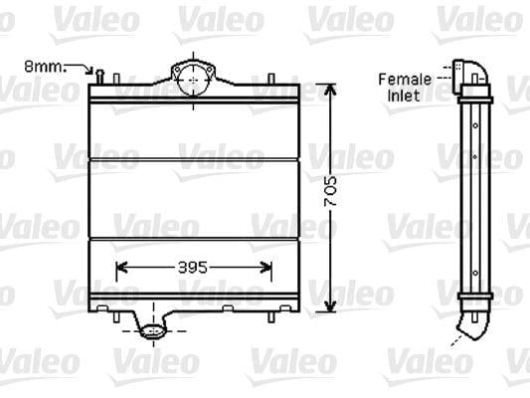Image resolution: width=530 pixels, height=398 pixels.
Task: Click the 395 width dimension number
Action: [193, 268]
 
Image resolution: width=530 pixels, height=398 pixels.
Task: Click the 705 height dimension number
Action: [330, 191]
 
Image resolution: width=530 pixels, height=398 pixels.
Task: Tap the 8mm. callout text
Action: [45, 67]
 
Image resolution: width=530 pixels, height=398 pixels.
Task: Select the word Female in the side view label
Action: [405, 80]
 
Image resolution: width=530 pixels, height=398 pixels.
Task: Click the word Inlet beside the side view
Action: [404, 96]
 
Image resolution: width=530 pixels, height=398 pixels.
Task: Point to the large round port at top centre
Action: [193, 81]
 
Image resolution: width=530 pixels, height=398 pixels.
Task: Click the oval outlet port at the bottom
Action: [153, 331]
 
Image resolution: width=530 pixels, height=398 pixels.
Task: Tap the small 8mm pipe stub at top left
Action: [100, 77]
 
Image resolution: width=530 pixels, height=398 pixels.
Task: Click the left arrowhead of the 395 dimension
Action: [120, 268]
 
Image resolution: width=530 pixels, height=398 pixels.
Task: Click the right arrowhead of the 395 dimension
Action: [267, 268]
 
